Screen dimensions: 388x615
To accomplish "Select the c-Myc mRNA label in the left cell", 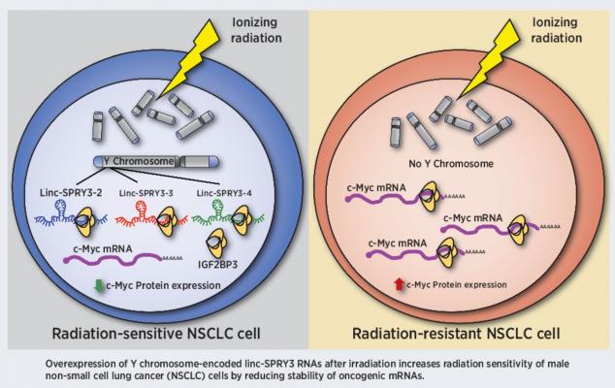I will pyautogui.click(x=104, y=245).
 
